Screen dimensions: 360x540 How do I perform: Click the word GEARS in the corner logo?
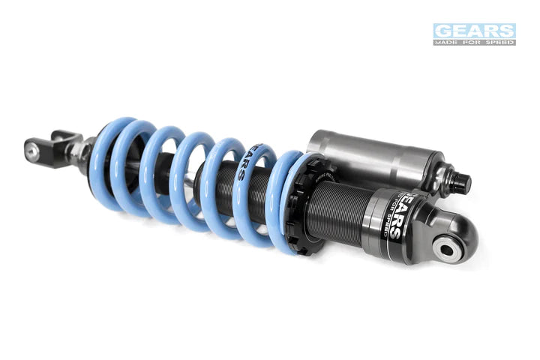(474, 31)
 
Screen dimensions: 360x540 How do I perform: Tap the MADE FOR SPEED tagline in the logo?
(474, 42)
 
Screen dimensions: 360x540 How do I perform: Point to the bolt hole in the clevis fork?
(32, 150)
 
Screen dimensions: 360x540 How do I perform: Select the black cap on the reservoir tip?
(460, 182)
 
